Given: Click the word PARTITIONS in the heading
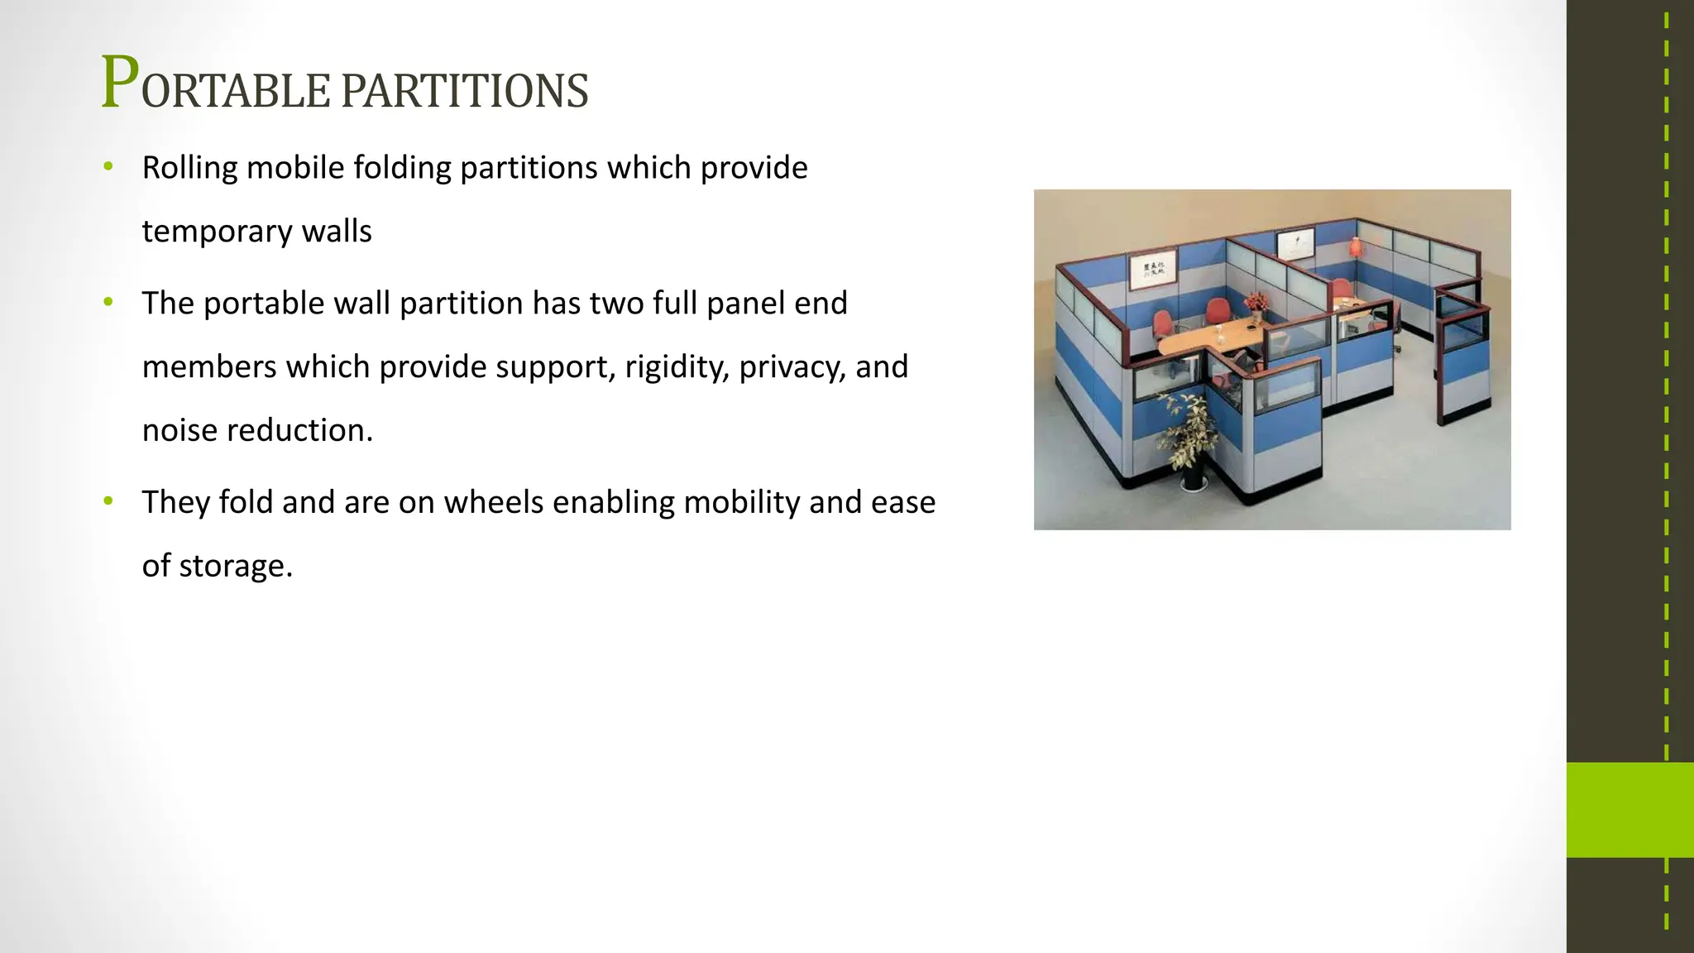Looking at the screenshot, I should pyautogui.click(x=464, y=91).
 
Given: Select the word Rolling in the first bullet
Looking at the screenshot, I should pyautogui.click(x=189, y=168).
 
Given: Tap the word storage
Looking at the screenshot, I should pyautogui.click(x=235, y=567).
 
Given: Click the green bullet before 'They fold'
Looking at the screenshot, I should pyautogui.click(x=108, y=501).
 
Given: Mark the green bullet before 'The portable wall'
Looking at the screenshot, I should pyautogui.click(x=108, y=302).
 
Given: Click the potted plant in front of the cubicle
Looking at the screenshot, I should pyautogui.click(x=1187, y=430).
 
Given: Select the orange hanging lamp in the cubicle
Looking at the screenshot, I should pyautogui.click(x=1355, y=246).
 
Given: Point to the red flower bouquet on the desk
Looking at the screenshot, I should pyautogui.click(x=1256, y=302).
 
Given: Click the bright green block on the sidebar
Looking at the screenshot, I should pyautogui.click(x=1629, y=809).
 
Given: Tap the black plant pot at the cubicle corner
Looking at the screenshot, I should pyautogui.click(x=1193, y=478).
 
